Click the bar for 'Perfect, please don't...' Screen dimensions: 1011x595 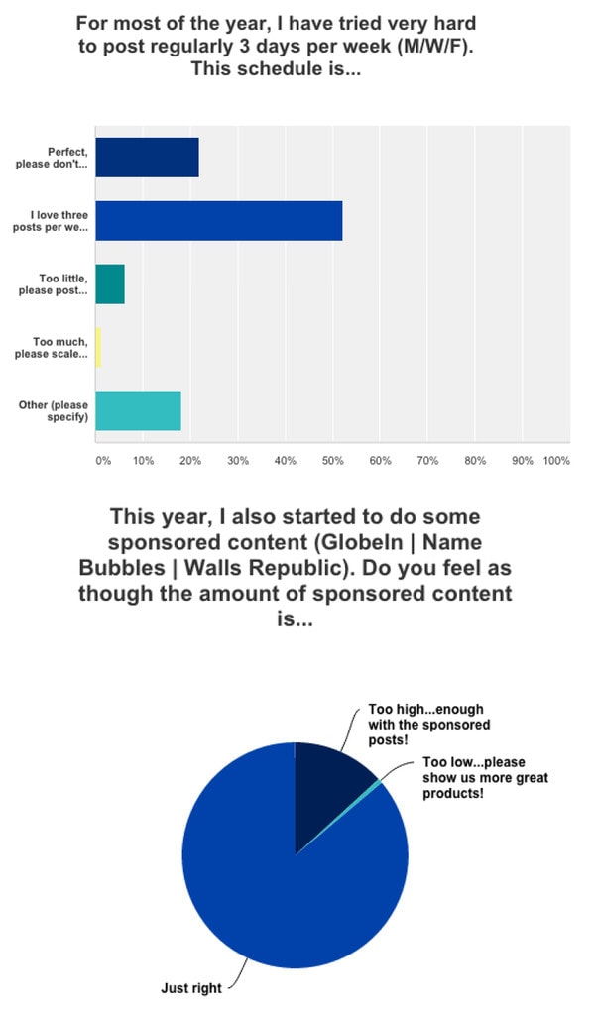pyautogui.click(x=147, y=158)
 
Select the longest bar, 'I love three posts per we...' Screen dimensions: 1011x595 pyautogui.click(x=218, y=220)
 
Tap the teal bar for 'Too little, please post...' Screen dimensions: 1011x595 pyautogui.click(x=110, y=283)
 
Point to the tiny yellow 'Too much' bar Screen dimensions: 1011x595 pyautogui.click(x=98, y=347)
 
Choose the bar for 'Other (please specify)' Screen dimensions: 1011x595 pyautogui.click(x=138, y=410)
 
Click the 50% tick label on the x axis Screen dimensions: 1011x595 pyautogui.click(x=332, y=461)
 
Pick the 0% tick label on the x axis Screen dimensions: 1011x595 pyautogui.click(x=102, y=461)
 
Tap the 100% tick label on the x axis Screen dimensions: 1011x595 pyautogui.click(x=556, y=461)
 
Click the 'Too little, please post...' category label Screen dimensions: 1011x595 pyautogui.click(x=58, y=283)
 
